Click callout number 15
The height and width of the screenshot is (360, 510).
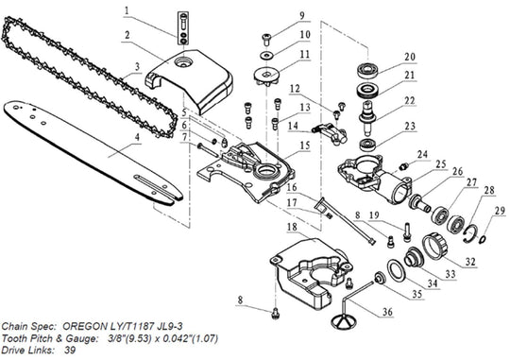tap(305, 146)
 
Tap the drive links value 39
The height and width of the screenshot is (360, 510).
tap(70, 350)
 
